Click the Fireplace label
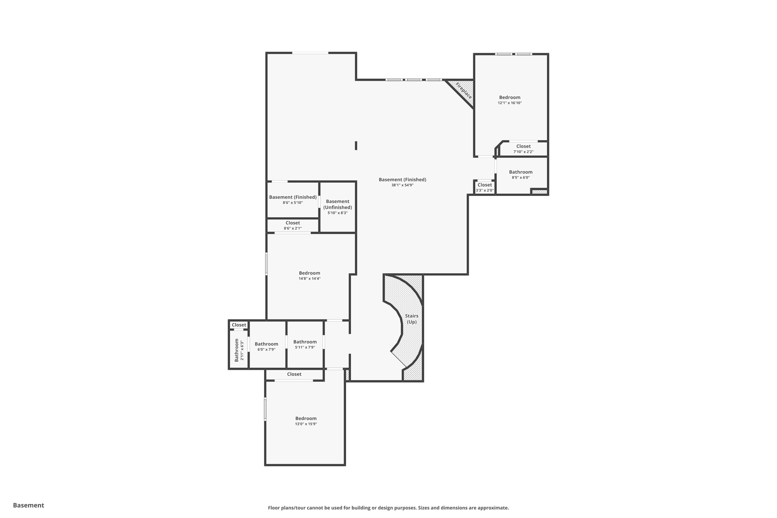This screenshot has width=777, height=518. coord(464,90)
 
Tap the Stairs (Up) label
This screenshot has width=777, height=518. coord(412,319)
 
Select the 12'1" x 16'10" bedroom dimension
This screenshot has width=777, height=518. coord(510,103)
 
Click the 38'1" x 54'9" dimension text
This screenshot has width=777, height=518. coord(402,185)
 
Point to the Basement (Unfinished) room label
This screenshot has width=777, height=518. coord(337,205)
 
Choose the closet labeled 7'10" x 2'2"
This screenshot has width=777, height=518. coord(523,149)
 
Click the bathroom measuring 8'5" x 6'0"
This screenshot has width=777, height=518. coord(521,175)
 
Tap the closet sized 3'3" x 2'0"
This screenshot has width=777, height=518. coord(484,187)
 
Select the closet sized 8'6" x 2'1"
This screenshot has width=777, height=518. coord(293,225)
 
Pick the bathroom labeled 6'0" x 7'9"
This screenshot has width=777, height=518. coord(266,346)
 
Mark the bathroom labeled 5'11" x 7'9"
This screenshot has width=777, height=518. coord(305,344)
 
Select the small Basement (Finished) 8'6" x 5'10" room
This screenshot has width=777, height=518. coord(293,200)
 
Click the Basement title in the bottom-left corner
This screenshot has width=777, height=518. coord(28,505)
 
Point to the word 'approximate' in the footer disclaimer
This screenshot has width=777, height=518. coord(493,508)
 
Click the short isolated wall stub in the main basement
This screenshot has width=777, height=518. coord(356,145)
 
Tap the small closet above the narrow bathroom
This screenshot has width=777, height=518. coord(239,325)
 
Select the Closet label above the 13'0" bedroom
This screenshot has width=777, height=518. coord(294,374)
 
